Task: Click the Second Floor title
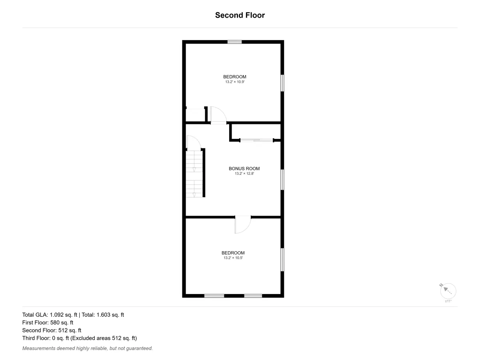point(240,15)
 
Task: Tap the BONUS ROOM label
point(244,168)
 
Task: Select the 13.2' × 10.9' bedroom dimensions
point(235,82)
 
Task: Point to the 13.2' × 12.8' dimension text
point(244,174)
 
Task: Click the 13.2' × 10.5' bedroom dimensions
point(233,258)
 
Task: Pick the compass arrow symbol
point(447,290)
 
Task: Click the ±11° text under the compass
point(448,301)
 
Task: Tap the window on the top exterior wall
point(234,42)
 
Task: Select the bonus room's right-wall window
point(282,180)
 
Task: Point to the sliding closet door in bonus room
point(257,140)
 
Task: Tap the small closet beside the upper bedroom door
point(195,115)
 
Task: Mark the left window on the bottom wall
point(214,296)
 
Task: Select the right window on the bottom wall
point(253,296)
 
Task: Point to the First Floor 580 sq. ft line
point(48,323)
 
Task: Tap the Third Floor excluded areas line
point(80,338)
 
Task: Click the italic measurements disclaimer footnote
point(88,348)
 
